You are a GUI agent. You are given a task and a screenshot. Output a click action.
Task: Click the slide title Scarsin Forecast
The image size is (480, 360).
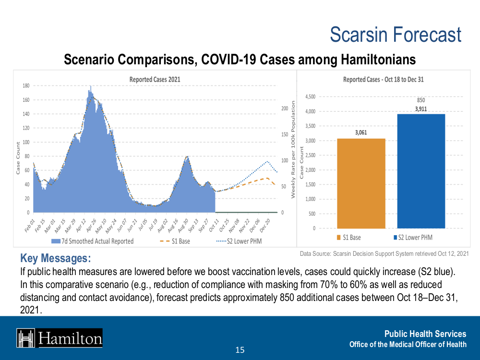[396, 35]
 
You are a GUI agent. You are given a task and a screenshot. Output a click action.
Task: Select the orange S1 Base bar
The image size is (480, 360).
[361, 182]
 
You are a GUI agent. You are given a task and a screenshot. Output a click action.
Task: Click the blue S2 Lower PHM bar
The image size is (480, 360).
[421, 170]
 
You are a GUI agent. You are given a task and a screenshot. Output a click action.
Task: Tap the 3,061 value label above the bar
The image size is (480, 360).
[361, 132]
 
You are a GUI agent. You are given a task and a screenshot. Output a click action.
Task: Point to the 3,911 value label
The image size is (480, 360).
[421, 109]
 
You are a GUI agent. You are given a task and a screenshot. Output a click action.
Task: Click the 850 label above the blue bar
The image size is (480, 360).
[421, 100]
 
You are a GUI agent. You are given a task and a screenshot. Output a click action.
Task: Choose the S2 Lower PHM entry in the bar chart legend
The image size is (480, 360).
[413, 237]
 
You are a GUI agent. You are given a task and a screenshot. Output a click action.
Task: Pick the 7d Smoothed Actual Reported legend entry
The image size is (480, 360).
[93, 241]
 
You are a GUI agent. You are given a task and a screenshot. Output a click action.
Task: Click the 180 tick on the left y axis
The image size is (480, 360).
[26, 86]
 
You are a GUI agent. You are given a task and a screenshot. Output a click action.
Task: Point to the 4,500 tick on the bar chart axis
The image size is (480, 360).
[310, 96]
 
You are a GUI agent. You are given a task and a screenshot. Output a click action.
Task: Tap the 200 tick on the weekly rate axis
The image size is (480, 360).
[284, 108]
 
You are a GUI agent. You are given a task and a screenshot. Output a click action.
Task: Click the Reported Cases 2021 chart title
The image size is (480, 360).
[155, 79]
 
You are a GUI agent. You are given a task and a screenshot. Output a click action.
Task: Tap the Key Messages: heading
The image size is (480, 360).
[55, 259]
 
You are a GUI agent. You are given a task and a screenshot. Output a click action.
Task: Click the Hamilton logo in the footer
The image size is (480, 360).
[60, 338]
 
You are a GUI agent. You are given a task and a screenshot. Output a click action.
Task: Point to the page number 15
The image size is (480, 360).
[240, 350]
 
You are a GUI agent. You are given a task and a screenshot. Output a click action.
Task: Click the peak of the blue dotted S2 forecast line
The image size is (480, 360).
[267, 161]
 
